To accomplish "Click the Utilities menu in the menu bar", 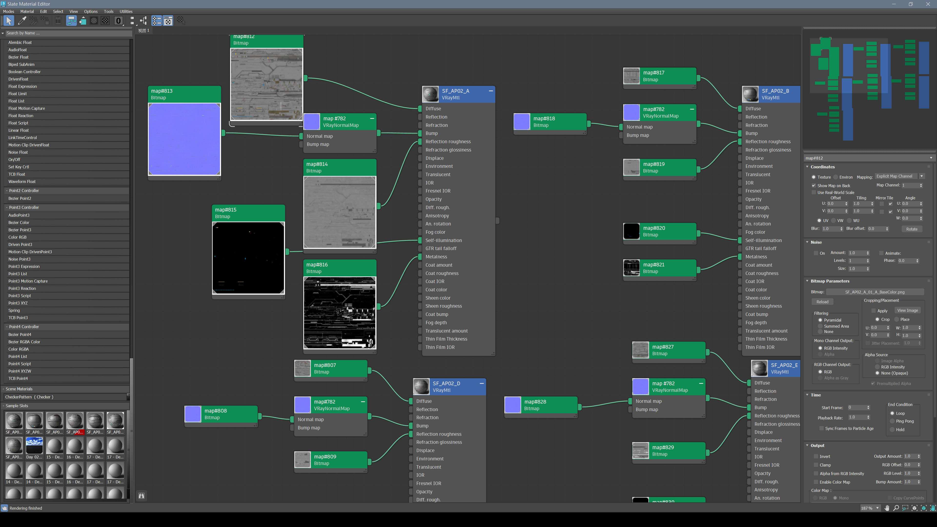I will [x=126, y=11].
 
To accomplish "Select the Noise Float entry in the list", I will [x=18, y=152].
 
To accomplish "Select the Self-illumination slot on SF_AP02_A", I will [x=443, y=240].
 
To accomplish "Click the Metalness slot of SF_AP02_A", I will [x=436, y=257].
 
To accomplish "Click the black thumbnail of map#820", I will [x=631, y=231].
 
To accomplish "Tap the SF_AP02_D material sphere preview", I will [x=421, y=387].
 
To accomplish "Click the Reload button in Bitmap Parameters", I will [x=822, y=302].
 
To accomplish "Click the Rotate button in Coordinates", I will [x=912, y=229].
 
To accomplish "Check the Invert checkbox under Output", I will [x=816, y=456].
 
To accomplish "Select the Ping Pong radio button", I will [x=892, y=421].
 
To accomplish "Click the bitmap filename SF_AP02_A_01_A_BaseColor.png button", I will [x=875, y=292].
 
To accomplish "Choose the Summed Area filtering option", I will [x=820, y=326].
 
